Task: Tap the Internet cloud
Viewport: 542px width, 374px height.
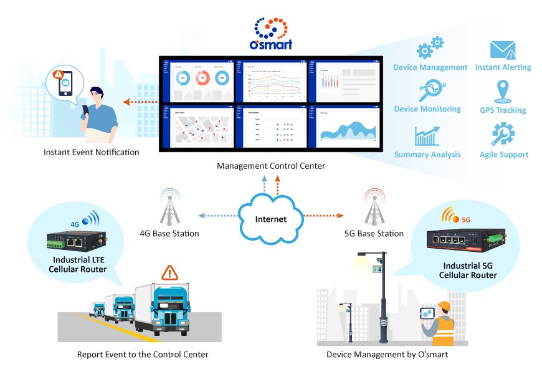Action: (270, 218)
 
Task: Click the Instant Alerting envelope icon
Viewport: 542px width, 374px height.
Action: (503, 50)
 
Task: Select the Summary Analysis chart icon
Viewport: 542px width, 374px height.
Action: (427, 135)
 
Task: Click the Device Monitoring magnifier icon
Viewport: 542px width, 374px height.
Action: (428, 91)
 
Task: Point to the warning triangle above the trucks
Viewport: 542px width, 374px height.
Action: (169, 272)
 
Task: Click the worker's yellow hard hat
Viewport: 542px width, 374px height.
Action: (444, 306)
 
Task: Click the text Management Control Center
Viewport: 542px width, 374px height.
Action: (270, 166)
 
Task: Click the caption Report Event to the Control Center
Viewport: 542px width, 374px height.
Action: (143, 355)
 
